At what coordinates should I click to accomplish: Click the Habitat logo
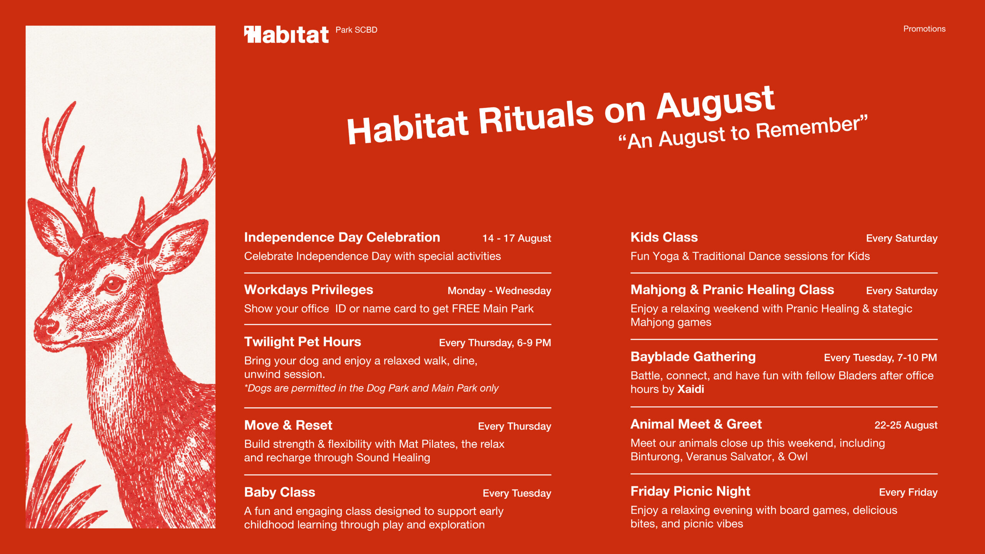coord(286,35)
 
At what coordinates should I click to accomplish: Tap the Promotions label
coord(924,29)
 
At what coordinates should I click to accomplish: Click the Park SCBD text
coord(356,30)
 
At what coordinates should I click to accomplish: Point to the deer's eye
coord(113,285)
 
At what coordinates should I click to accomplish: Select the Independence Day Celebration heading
coord(342,237)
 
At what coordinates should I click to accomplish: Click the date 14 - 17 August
coord(517,239)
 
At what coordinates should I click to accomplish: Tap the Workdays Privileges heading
coord(309,290)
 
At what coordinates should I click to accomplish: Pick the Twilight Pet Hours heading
coord(303,342)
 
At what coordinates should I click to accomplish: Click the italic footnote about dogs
coord(371,388)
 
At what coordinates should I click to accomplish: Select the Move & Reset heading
coord(288,426)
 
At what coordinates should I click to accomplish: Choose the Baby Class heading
coord(280,492)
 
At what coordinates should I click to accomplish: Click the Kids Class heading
coord(664,237)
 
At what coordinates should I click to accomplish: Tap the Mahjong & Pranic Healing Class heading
coord(732,290)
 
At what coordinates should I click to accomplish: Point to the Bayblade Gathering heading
coord(693,357)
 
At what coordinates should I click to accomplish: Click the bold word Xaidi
coord(691,389)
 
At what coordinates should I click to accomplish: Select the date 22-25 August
coord(906,425)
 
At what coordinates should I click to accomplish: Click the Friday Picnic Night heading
coord(690,491)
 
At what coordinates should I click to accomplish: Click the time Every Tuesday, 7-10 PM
coord(880,358)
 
